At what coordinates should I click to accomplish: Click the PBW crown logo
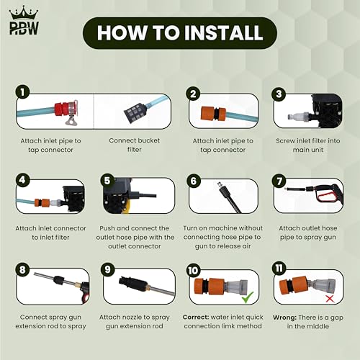24,21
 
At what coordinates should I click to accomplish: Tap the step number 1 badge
22,92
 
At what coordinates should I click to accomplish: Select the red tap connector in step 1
64,109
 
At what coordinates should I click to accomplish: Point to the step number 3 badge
279,94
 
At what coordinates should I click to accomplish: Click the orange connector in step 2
214,113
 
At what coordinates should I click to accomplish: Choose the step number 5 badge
107,181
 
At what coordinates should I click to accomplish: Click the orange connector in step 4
42,202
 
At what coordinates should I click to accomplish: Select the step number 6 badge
194,181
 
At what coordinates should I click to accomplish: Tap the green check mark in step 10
248,297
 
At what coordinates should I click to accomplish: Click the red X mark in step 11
330,299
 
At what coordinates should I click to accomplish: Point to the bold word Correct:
196,317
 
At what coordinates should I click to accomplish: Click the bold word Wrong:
284,318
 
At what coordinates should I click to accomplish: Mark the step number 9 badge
107,269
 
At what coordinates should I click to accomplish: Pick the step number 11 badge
279,269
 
